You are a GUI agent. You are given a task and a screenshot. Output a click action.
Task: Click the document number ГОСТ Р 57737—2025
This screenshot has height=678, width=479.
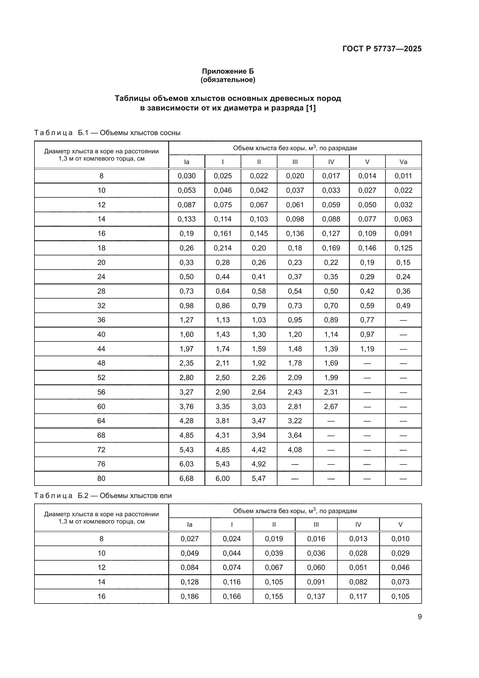point(382,49)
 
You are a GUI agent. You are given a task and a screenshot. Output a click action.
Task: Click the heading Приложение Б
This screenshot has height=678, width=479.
point(228,71)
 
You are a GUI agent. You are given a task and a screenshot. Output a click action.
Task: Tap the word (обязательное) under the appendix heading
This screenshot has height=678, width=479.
point(228,80)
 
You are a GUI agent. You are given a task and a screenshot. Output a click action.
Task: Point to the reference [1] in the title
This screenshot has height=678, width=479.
point(310,108)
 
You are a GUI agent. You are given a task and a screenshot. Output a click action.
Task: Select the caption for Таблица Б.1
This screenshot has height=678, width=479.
point(107,132)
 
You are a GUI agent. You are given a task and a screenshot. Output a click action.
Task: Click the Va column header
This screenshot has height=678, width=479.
point(403,162)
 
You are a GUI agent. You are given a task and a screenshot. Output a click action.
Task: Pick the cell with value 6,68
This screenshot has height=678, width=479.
point(187,478)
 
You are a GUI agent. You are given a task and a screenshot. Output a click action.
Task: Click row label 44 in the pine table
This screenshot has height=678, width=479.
point(101,349)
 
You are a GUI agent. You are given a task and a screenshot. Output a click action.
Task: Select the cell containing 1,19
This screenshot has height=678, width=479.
point(367,349)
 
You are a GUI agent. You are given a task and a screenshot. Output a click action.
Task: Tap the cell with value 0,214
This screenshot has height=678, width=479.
point(223,248)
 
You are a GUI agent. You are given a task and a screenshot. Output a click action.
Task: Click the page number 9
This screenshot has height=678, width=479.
point(419,617)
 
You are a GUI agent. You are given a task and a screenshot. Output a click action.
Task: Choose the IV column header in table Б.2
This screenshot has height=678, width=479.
point(358,524)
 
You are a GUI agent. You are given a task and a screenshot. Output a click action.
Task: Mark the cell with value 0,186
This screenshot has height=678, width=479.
point(190,596)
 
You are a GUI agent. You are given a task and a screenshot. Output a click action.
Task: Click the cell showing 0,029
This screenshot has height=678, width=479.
point(400,553)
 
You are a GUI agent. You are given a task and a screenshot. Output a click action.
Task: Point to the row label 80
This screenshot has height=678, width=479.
point(101,478)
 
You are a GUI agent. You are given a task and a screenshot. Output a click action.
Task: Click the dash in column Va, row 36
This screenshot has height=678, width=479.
point(403,320)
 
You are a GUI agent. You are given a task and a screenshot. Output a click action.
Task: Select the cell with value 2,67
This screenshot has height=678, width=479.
point(331,406)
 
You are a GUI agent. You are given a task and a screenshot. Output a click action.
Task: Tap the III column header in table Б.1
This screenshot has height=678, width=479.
point(295,162)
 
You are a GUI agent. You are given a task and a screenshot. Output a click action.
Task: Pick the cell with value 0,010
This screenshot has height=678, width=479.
point(400,539)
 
